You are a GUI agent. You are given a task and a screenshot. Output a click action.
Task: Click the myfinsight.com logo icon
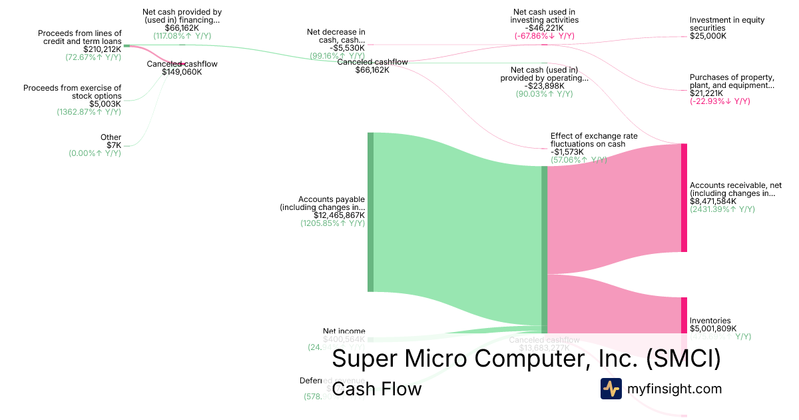(611, 389)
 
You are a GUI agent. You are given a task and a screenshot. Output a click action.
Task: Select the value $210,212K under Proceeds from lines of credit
(102, 49)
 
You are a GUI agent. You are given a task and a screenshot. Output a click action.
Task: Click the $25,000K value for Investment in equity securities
(708, 36)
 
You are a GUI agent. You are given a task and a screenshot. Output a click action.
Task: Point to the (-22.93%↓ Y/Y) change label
(720, 101)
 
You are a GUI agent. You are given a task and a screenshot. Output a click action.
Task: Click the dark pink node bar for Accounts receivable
(683, 197)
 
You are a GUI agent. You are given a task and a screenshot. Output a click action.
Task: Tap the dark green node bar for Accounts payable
(371, 212)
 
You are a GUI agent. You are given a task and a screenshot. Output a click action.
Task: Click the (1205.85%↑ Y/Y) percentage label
(332, 223)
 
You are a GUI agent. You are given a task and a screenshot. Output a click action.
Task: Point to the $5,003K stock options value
(105, 104)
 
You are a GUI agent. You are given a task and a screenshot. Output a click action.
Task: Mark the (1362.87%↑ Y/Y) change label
(89, 112)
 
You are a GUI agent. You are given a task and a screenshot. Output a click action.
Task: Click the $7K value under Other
(114, 145)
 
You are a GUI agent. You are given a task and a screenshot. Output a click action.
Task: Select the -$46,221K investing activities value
(544, 28)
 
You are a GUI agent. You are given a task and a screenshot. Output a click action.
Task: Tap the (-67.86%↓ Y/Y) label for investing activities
(544, 36)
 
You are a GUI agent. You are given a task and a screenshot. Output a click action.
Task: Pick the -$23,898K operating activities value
(544, 85)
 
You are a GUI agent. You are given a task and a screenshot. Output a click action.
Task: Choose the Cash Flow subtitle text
(376, 389)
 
